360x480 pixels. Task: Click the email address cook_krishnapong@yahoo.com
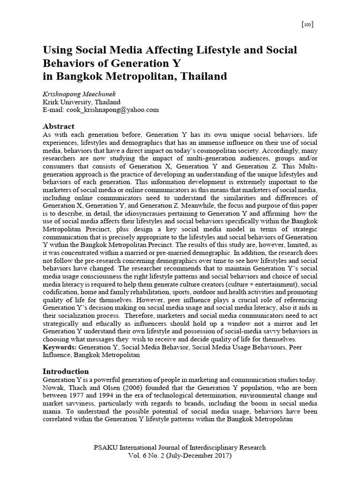[113, 110]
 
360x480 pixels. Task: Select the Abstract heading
[59, 126]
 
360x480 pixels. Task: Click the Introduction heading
[66, 371]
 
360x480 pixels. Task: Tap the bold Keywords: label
[60, 347]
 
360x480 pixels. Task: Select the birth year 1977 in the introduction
[85, 395]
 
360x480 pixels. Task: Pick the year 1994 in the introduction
[115, 395]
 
